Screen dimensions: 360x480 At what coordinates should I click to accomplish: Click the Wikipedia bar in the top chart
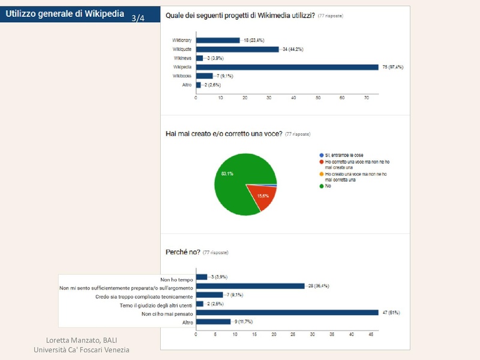click(x=287, y=67)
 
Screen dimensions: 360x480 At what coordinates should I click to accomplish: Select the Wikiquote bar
click(x=238, y=49)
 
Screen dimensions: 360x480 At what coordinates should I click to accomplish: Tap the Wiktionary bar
click(x=218, y=40)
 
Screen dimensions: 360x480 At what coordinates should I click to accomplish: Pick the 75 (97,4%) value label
click(x=392, y=67)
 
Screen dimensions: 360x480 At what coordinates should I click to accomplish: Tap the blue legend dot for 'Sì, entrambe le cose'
click(x=321, y=155)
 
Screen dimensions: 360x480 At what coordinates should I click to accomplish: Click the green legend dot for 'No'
click(x=321, y=186)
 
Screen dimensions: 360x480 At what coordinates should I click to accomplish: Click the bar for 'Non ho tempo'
click(x=201, y=277)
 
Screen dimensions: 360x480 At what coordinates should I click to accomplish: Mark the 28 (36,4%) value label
click(x=318, y=286)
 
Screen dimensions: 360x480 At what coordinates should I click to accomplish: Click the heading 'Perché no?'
click(x=183, y=252)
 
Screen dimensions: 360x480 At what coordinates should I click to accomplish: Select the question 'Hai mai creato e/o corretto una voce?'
click(x=223, y=134)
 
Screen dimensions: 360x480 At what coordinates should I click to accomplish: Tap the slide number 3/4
click(x=138, y=19)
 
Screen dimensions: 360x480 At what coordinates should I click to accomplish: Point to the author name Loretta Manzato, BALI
click(x=81, y=340)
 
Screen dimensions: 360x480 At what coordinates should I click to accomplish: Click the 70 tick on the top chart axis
click(x=367, y=97)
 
